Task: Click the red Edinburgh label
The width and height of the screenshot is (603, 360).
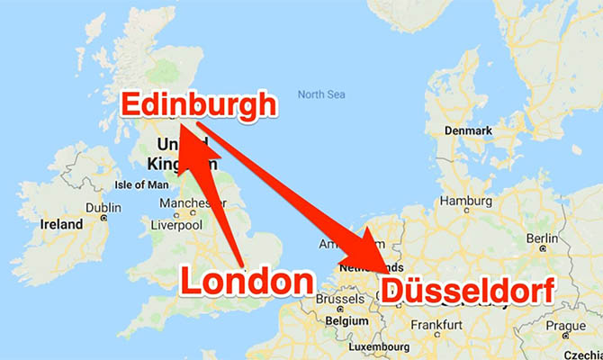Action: click(x=197, y=104)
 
